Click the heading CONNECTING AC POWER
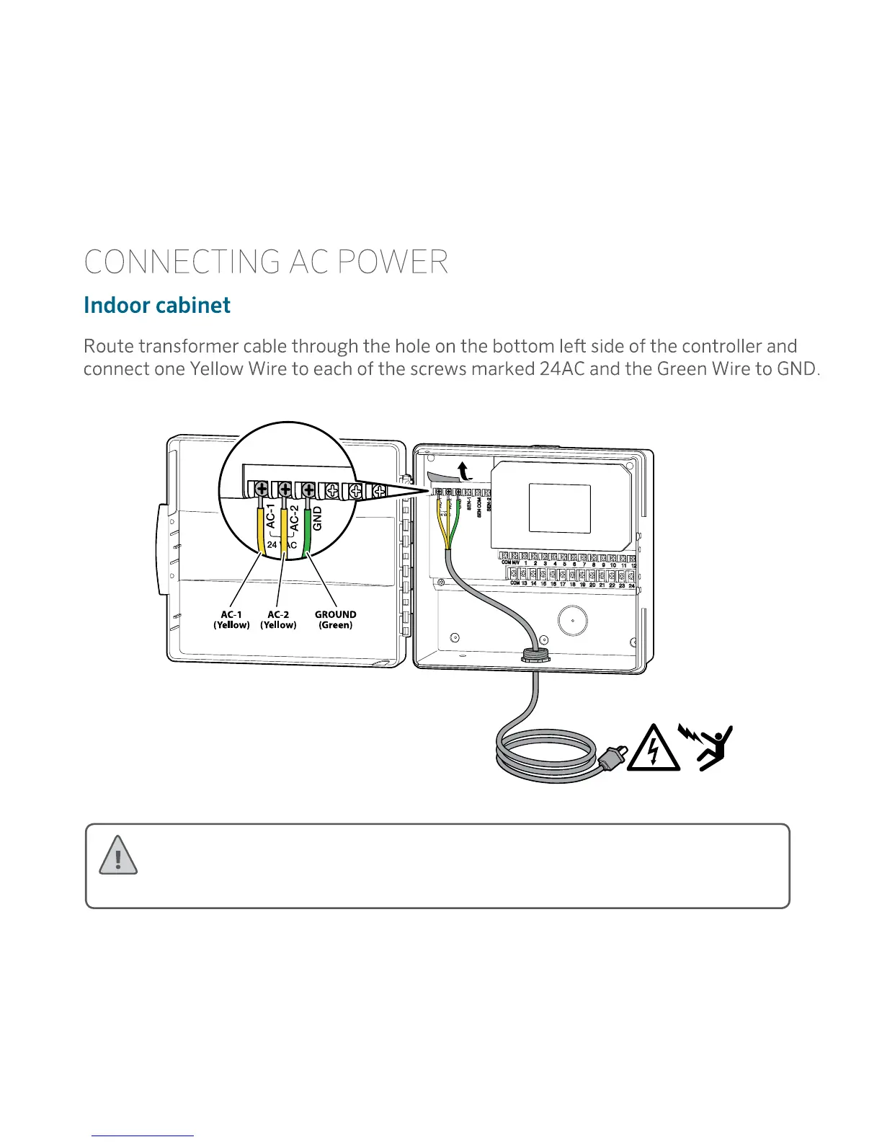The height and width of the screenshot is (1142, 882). tap(265, 262)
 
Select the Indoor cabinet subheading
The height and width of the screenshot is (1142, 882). tap(156, 305)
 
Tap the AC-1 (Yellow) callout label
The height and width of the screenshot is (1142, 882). tap(231, 620)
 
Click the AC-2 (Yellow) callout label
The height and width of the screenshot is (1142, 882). tap(278, 620)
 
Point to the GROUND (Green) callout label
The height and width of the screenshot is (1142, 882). tap(335, 620)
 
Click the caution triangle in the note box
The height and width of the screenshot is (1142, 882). tap(117, 856)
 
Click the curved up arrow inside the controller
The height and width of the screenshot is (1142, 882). tap(465, 472)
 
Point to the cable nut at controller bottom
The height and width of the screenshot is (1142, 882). tap(534, 655)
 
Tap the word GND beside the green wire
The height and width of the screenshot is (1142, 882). tap(317, 518)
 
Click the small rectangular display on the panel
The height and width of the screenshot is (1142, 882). tap(560, 508)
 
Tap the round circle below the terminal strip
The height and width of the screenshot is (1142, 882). tap(572, 620)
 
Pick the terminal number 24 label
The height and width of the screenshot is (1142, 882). tap(631, 585)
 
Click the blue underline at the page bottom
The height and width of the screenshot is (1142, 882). tap(143, 1136)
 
